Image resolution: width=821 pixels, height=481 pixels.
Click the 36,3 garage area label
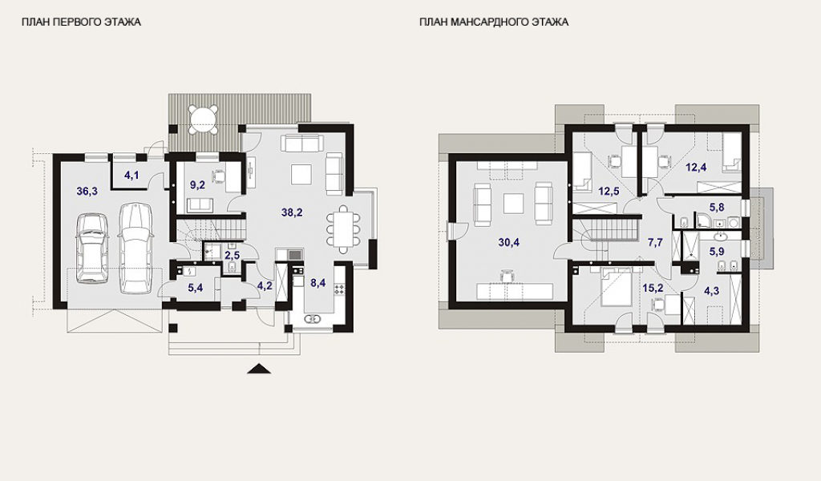tap(87, 191)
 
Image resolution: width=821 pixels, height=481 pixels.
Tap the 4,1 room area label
tap(131, 176)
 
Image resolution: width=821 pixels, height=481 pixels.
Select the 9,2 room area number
tap(197, 184)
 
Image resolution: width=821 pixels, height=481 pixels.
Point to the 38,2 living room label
tap(292, 212)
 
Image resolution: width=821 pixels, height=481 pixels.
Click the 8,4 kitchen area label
tap(317, 284)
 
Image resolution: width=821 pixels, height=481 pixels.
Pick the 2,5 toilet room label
tap(232, 256)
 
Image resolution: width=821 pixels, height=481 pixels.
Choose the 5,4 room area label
tap(196, 288)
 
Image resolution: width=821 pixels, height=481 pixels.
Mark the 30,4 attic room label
tap(509, 242)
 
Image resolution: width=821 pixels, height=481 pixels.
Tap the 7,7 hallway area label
tap(656, 242)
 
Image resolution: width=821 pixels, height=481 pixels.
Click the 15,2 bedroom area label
tap(653, 288)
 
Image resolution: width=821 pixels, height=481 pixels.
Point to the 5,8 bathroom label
tap(717, 208)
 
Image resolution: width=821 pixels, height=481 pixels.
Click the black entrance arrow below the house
tap(259, 369)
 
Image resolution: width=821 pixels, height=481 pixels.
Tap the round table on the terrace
tap(204, 119)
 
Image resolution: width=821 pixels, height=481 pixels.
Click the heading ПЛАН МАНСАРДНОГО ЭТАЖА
tap(494, 22)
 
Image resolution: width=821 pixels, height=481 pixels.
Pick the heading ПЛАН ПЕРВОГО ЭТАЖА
tap(81, 22)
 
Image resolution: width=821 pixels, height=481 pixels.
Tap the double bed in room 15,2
tap(617, 287)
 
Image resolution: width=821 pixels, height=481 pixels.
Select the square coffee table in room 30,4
tap(514, 203)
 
